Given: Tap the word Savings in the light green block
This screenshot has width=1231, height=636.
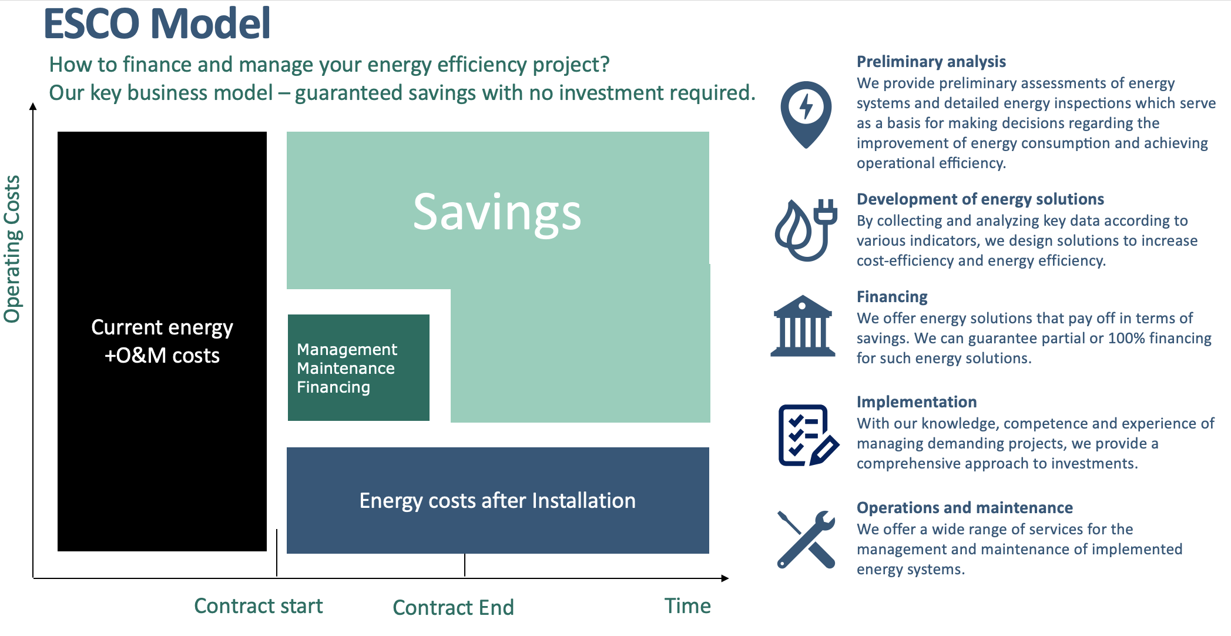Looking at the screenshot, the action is click(497, 213).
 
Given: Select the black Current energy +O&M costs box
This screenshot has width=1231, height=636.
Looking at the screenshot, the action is click(162, 342).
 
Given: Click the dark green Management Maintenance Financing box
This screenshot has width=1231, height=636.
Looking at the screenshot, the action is click(358, 367).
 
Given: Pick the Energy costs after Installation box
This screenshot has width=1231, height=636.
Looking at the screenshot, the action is click(498, 500).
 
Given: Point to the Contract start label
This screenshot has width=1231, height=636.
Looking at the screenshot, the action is click(259, 606).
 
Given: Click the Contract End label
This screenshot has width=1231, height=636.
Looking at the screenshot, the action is click(453, 607).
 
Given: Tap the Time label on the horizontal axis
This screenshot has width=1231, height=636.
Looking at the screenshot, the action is click(687, 606).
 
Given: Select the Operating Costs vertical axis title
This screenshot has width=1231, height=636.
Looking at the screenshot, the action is click(12, 249).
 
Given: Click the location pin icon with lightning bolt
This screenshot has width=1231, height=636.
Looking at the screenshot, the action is click(806, 115).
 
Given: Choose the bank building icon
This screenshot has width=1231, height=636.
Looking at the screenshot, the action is click(803, 326).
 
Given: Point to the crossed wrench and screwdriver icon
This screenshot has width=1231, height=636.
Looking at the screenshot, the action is click(806, 539).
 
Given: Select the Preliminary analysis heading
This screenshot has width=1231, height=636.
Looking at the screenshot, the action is click(931, 62).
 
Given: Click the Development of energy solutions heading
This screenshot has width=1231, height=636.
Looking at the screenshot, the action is click(980, 199).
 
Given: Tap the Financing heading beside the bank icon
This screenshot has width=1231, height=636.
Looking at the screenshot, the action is click(892, 297).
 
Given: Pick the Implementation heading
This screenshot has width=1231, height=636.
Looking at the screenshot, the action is click(917, 402).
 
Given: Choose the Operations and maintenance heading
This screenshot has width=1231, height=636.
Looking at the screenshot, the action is click(965, 508).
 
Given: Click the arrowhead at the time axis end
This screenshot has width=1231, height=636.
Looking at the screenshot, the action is click(725, 578).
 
